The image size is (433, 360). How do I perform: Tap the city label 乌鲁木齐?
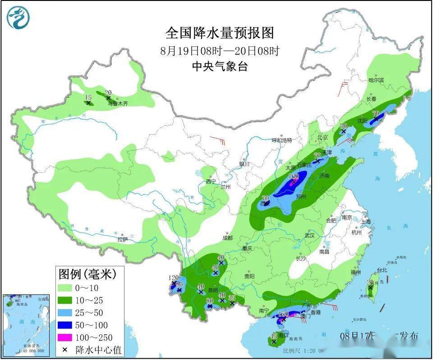118,104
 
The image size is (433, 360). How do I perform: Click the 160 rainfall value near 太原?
294,176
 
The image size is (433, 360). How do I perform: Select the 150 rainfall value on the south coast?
283,314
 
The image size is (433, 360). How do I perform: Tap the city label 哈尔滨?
375,80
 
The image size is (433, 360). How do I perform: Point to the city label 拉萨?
123,240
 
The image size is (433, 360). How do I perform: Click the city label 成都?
227,237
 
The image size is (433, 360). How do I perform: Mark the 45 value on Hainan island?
273,336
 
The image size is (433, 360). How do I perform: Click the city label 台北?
382,270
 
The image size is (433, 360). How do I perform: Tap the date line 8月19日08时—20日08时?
220,50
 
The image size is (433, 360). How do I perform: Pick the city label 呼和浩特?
282,140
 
